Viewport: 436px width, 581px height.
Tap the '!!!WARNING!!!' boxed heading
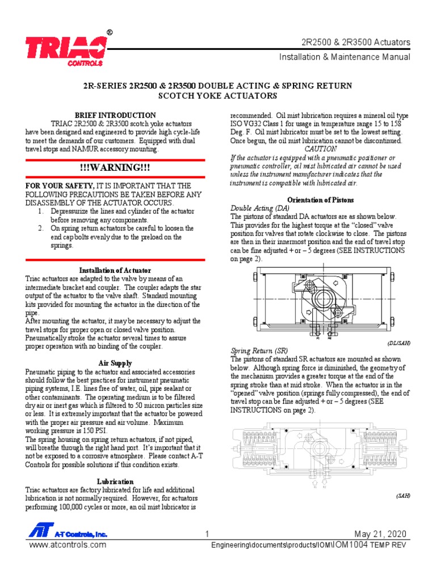[116, 169]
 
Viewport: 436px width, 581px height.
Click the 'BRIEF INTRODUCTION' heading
[116, 115]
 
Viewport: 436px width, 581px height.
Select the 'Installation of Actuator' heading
[115, 270]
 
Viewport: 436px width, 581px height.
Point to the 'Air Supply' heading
[115, 363]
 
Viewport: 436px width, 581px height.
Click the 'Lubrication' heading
[115, 482]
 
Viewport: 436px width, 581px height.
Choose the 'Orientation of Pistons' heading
[321, 200]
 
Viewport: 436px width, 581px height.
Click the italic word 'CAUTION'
[321, 149]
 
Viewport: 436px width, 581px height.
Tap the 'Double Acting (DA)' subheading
[259, 208]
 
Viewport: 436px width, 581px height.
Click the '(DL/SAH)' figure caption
[399, 343]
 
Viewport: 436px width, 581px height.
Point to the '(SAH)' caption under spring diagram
[403, 495]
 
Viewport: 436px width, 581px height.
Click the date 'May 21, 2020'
[380, 534]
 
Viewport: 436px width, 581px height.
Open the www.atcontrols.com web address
[68, 545]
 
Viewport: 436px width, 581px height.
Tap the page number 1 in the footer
[207, 534]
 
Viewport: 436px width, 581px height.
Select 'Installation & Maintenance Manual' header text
[344, 57]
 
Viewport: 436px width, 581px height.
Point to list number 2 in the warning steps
[41, 228]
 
